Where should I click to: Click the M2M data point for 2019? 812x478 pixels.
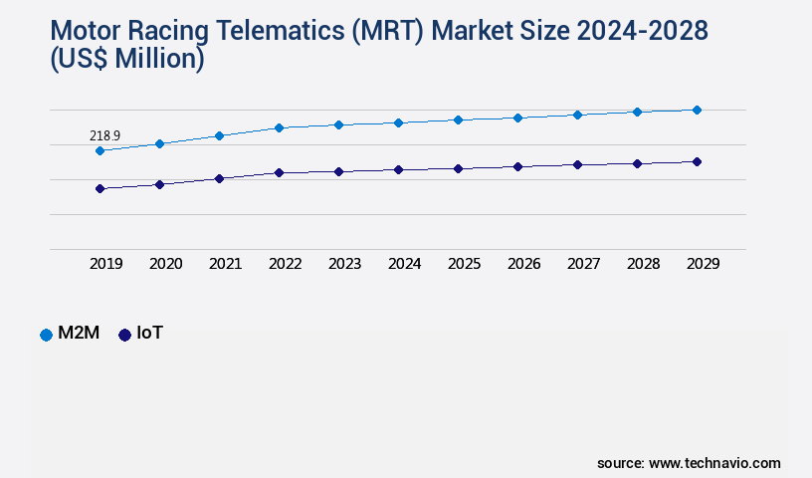[100, 150]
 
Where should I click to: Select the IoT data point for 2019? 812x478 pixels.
[100, 188]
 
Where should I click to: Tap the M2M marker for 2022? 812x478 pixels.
[279, 127]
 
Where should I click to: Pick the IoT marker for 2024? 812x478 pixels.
[398, 169]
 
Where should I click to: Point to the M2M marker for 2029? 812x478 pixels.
[697, 110]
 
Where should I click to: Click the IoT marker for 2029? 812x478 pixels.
[697, 161]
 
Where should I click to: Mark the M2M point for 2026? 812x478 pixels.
[517, 118]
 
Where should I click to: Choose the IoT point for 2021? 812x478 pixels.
[219, 178]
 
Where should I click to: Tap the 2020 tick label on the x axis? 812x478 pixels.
[165, 264]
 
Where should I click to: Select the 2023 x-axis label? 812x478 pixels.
[344, 264]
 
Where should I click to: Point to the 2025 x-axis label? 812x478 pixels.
[464, 264]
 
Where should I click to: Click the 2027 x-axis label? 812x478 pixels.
[583, 264]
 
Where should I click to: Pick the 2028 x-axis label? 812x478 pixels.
[643, 264]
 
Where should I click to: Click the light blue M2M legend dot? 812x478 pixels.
[46, 335]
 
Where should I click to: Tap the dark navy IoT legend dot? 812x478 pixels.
[124, 335]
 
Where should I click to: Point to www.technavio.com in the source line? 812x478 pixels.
[714, 463]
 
